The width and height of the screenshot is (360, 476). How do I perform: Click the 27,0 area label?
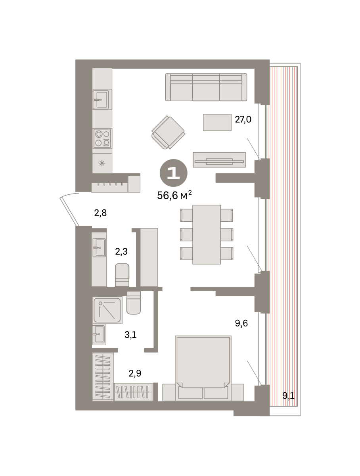[x=243, y=119]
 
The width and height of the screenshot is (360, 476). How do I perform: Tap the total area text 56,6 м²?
[x=174, y=195]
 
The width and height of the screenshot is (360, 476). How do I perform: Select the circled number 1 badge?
[x=173, y=173]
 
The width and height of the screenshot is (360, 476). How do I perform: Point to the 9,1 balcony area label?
[x=288, y=396]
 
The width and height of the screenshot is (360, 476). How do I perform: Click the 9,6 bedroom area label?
[x=241, y=323]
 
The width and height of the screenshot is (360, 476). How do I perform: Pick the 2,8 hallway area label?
[x=100, y=213]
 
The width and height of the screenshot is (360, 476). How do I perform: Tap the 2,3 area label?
[x=121, y=251]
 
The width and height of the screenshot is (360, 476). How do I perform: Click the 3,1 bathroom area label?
[x=130, y=335]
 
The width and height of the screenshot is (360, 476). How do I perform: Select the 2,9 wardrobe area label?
[x=135, y=373]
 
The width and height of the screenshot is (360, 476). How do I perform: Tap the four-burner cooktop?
[x=102, y=138]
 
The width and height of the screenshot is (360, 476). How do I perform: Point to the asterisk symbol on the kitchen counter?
[x=102, y=163]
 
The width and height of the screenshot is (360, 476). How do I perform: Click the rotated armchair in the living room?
[x=168, y=132]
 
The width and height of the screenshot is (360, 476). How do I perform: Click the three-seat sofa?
[x=206, y=87]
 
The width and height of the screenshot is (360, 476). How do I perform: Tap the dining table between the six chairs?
[x=206, y=234]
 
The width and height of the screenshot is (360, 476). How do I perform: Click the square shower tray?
[x=107, y=310]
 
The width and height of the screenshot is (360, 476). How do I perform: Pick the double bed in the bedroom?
[x=203, y=368]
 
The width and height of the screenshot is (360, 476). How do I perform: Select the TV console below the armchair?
[x=219, y=159]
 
